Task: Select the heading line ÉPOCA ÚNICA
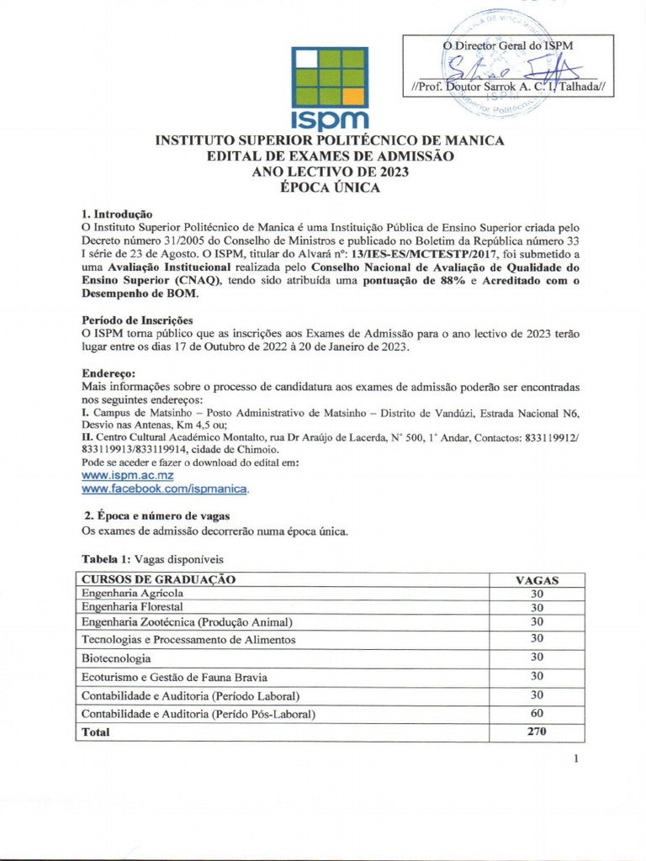(x=329, y=188)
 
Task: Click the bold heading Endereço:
(x=109, y=373)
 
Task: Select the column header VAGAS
(x=537, y=580)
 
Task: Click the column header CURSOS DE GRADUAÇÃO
(x=158, y=579)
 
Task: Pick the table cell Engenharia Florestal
(x=131, y=606)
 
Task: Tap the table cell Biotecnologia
(x=116, y=658)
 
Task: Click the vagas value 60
(x=537, y=714)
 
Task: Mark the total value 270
(x=537, y=732)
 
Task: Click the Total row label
(x=95, y=732)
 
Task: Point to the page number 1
(x=576, y=759)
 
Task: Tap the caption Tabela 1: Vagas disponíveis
(x=152, y=559)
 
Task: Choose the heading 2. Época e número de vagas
(x=156, y=515)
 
